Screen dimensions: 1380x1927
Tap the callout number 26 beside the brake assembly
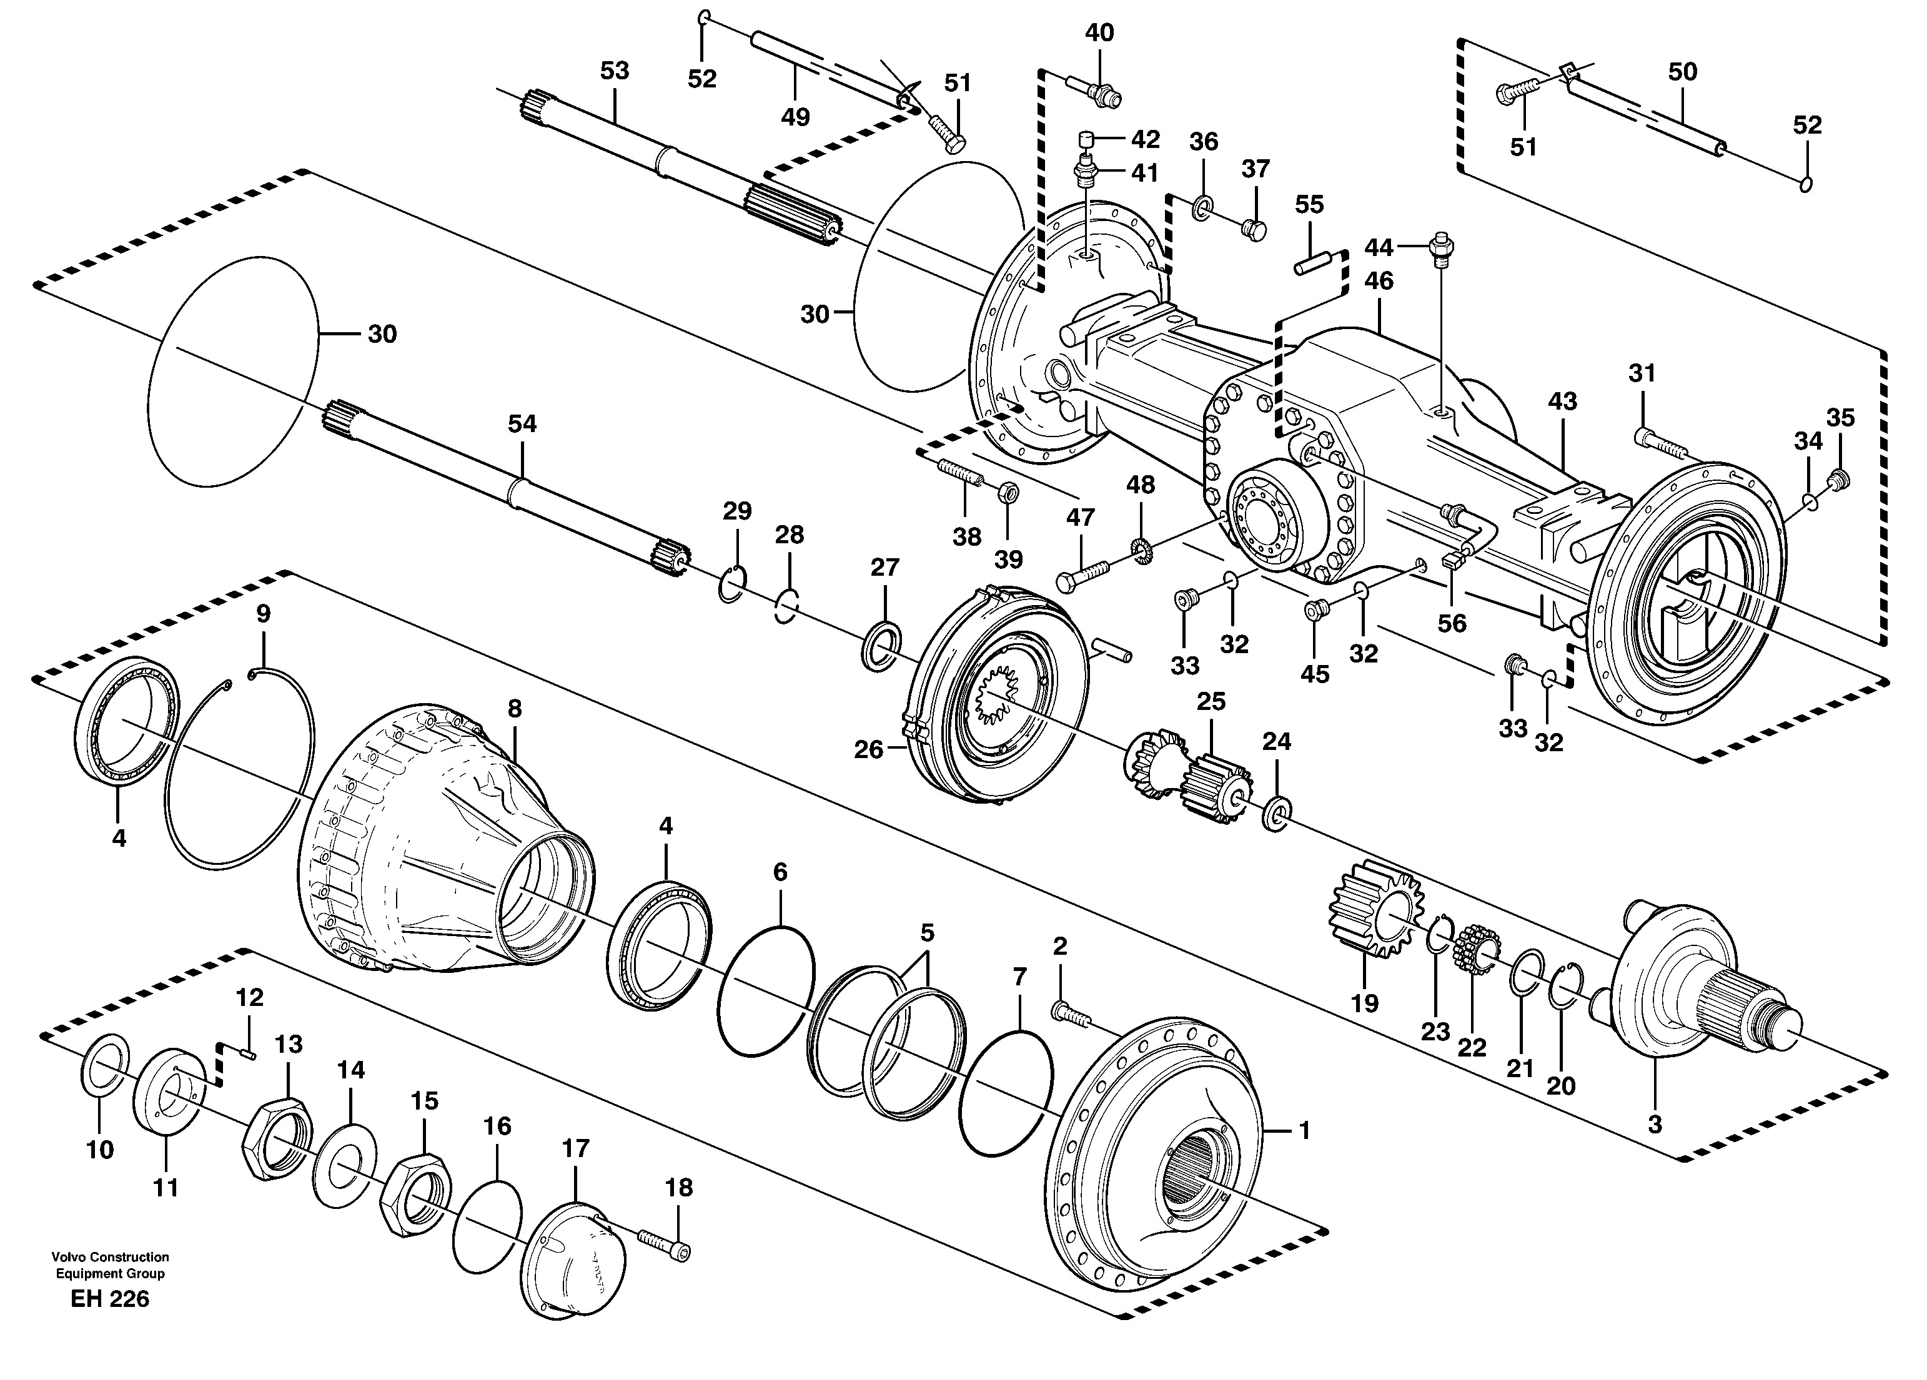tap(868, 750)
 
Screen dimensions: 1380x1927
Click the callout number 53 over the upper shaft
tap(614, 71)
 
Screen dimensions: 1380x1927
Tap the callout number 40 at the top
tap(1099, 33)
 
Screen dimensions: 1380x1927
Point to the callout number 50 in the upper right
tap(1682, 72)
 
